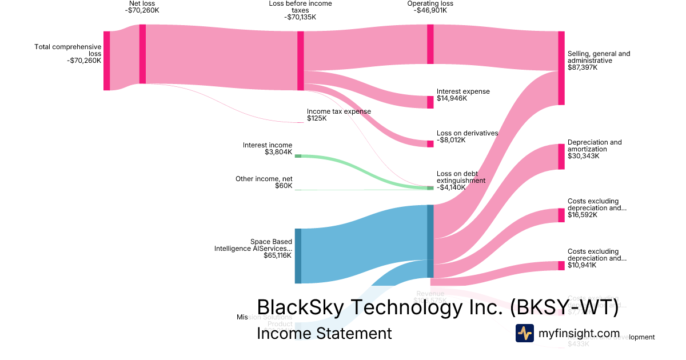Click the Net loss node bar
(142, 54)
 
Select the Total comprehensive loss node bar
(106, 61)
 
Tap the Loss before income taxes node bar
(300, 61)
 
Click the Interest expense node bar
(430, 102)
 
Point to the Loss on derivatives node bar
(430, 143)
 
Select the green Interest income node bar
(298, 156)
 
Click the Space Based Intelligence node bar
(298, 255)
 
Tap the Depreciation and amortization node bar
(561, 157)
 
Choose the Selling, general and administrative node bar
(561, 68)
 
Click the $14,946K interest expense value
(452, 98)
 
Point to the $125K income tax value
(317, 119)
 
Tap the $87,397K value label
(583, 67)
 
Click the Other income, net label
(264, 179)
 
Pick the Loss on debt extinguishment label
(461, 177)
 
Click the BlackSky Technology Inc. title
(437, 307)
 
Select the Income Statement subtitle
(324, 333)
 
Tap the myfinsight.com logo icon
(524, 333)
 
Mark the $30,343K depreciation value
(583, 156)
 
